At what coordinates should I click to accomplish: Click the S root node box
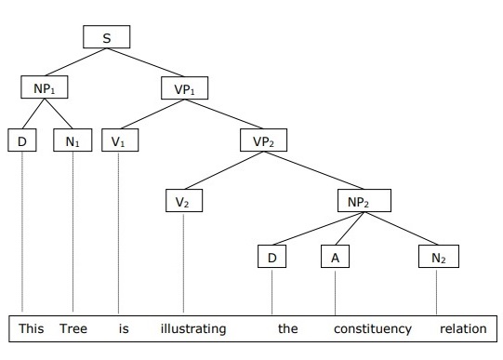pos(105,37)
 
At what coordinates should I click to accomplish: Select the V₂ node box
pos(183,200)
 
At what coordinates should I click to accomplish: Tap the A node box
pos(335,256)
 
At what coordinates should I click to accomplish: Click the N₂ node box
pos(436,256)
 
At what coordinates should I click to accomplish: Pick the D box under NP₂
pos(272,256)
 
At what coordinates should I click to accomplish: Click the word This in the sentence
pos(31,328)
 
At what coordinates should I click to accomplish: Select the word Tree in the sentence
pos(73,328)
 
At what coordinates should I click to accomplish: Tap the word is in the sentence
pos(123,328)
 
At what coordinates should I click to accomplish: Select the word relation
pos(464,328)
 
